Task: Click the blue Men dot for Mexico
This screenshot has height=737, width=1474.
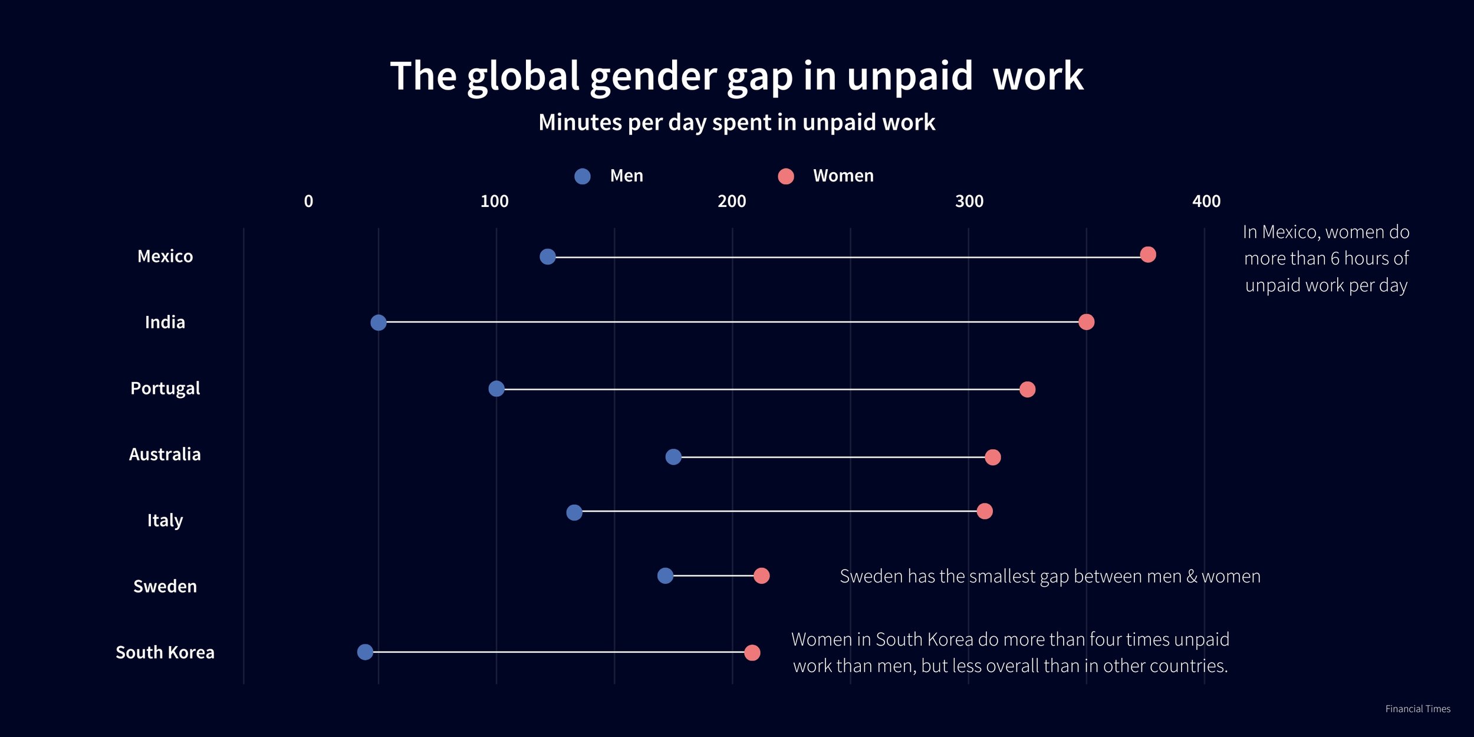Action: pyautogui.click(x=548, y=256)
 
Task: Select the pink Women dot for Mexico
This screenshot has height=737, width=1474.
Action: pyautogui.click(x=1148, y=255)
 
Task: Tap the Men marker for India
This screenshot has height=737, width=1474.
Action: pyautogui.click(x=379, y=323)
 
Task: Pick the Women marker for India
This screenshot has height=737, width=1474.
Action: pyautogui.click(x=1087, y=322)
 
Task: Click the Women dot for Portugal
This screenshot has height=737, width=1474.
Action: pyautogui.click(x=1028, y=389)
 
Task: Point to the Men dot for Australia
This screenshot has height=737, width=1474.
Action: pyautogui.click(x=673, y=457)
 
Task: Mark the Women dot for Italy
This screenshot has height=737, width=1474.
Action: pyautogui.click(x=985, y=511)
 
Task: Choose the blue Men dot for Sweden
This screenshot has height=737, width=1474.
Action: pyautogui.click(x=665, y=576)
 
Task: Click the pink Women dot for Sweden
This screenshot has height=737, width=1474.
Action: pyautogui.click(x=762, y=576)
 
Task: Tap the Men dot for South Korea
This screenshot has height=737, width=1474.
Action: pyautogui.click(x=366, y=652)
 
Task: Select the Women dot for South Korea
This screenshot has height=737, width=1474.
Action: pyautogui.click(x=752, y=653)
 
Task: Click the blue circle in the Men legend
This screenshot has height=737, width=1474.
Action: pyautogui.click(x=583, y=176)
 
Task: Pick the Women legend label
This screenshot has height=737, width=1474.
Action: pyautogui.click(x=843, y=176)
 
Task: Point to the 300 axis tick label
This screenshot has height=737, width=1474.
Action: pyautogui.click(x=969, y=202)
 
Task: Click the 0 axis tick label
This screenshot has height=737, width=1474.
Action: pyautogui.click(x=308, y=202)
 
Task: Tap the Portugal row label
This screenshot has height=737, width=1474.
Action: pyautogui.click(x=165, y=389)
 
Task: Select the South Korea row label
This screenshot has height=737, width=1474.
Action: pyautogui.click(x=165, y=653)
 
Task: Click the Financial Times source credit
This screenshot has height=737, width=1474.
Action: pyautogui.click(x=1417, y=709)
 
